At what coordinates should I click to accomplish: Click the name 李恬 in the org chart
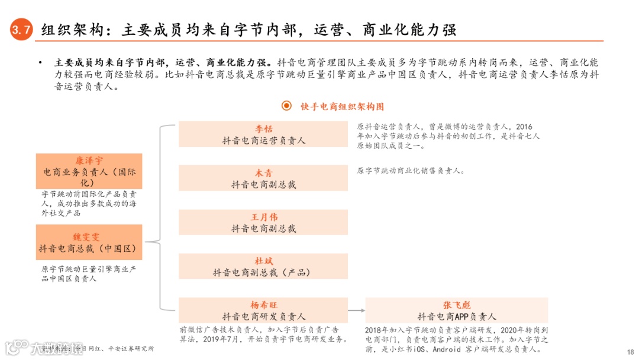pyautogui.click(x=263, y=129)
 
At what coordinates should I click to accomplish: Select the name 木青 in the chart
pyautogui.click(x=263, y=173)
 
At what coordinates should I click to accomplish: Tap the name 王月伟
pyautogui.click(x=263, y=217)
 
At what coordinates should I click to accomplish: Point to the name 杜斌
pyautogui.click(x=263, y=261)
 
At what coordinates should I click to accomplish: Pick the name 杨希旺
pyautogui.click(x=263, y=305)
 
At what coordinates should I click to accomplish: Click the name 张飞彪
pyautogui.click(x=456, y=305)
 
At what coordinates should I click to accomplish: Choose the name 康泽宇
pyautogui.click(x=89, y=160)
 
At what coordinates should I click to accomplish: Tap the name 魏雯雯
pyautogui.click(x=89, y=237)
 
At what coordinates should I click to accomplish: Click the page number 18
pyautogui.click(x=630, y=351)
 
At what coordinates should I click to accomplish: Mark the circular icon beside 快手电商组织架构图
pyautogui.click(x=287, y=106)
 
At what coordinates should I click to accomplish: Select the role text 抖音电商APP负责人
pyautogui.click(x=456, y=317)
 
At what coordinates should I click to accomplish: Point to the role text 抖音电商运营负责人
pyautogui.click(x=263, y=140)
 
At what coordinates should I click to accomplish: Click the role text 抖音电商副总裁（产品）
pyautogui.click(x=263, y=272)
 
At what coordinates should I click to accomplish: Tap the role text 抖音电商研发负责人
pyautogui.click(x=263, y=317)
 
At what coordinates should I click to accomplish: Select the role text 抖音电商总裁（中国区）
pyautogui.click(x=89, y=249)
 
